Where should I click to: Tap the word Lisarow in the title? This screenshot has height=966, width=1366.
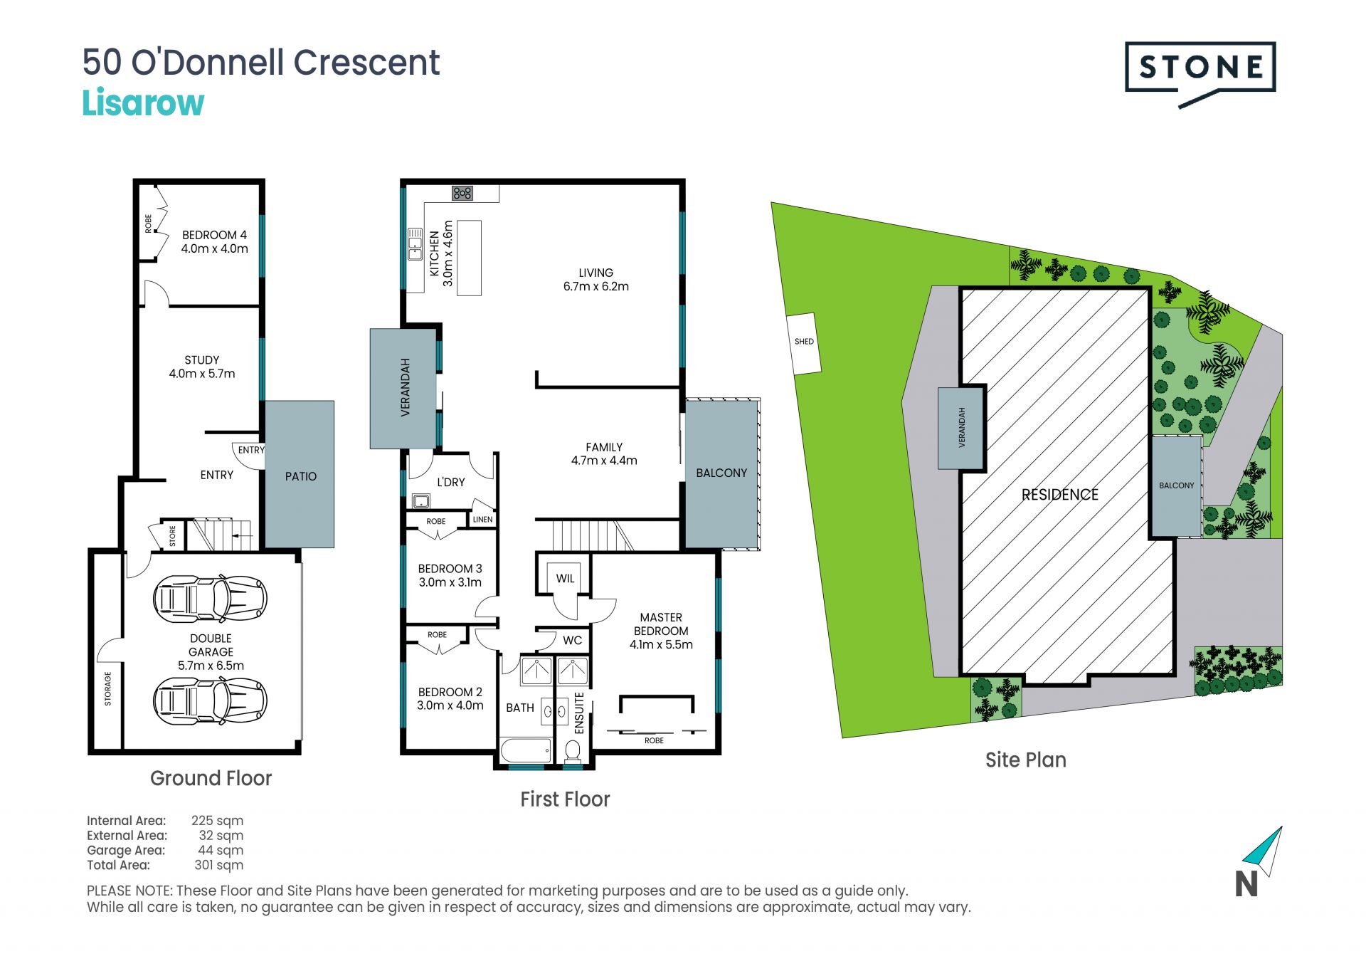point(143,103)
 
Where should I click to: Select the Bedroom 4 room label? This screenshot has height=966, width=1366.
point(214,235)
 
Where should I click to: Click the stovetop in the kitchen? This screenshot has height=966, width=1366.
point(462,193)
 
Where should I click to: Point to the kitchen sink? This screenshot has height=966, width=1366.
point(415,244)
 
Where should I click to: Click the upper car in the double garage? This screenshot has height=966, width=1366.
point(210,599)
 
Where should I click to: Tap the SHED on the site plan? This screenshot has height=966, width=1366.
point(804,342)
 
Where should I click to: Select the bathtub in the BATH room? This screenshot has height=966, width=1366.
point(526,750)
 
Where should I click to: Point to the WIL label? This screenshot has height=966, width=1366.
point(566,579)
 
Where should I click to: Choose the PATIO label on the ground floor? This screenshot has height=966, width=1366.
point(301,476)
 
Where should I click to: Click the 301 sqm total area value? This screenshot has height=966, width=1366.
point(219,865)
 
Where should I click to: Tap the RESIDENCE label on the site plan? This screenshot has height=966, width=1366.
point(1060,495)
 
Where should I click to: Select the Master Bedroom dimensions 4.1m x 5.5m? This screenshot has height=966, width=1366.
point(661,644)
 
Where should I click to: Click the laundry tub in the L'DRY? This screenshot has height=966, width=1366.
point(421,501)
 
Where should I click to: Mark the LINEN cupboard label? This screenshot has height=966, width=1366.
point(482,520)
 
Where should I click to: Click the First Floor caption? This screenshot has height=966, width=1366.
point(565,799)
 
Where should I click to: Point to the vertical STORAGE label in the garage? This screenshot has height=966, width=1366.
point(108,688)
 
